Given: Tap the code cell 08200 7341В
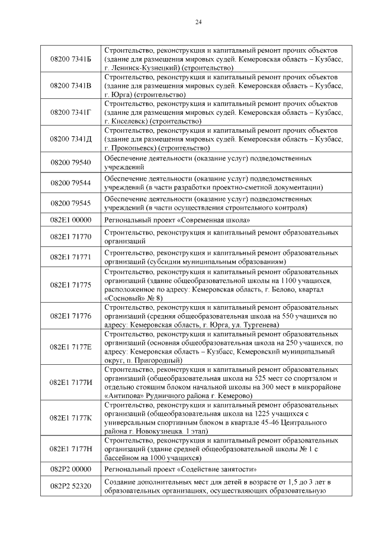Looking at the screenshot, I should point(71,86).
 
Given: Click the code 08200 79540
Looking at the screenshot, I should point(71,162).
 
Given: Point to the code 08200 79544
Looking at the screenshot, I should point(71,182).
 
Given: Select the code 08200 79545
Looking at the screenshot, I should point(71,203).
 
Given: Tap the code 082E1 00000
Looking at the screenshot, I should point(71,220).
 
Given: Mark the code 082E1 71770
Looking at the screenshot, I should point(71,237).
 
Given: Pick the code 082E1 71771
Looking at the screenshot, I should point(71,257).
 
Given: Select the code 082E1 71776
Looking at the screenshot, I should point(71,316).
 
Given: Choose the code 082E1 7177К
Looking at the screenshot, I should point(71,418).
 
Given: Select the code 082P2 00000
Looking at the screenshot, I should point(71,468).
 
